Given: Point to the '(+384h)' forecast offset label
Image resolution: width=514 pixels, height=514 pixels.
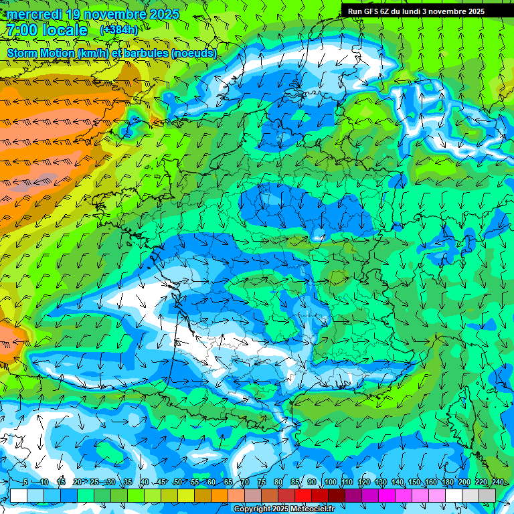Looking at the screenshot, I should tap(118, 30).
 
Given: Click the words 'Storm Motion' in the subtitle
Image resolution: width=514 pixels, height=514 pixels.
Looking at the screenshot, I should tap(40, 53).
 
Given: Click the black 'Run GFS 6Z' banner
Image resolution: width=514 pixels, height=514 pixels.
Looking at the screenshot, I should tap(422, 11).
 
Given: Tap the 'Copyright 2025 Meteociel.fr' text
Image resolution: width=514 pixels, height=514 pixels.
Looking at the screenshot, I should tap(284, 509).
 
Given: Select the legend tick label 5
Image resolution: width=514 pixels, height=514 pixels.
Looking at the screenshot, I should tap(25, 483).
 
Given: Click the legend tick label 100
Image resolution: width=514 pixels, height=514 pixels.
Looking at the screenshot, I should tap(331, 483).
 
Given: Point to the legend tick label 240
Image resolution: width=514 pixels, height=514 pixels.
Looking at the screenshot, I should tap(498, 483).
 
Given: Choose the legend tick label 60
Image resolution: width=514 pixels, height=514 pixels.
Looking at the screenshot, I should tap(211, 483).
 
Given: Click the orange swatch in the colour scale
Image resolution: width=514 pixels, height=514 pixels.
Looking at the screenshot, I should tap(220, 495).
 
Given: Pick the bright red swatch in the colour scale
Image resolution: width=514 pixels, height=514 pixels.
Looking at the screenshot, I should tap(303, 495).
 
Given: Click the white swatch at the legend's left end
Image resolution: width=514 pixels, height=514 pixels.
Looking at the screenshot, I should tap(19, 495).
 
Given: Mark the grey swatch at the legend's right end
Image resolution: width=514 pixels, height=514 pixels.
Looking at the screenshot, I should tap(487, 495).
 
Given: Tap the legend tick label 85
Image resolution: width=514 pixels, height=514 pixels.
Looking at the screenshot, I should tap(295, 483).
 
